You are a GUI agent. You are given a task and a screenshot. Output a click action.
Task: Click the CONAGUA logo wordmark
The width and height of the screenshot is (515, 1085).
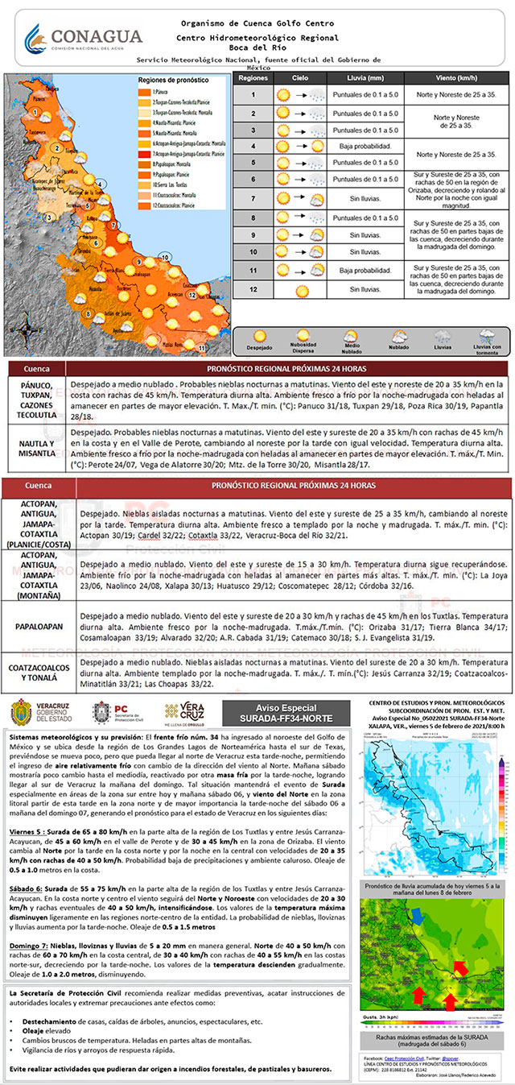97,36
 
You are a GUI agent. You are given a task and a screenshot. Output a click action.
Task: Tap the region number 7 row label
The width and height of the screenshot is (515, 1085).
253,199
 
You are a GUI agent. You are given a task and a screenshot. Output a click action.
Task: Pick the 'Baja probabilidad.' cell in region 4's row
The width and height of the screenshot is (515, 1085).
365,147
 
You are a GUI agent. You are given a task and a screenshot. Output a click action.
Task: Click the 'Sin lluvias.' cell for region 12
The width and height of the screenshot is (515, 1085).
365,288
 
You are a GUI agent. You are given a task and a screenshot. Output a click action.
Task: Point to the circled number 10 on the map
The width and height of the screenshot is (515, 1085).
165,257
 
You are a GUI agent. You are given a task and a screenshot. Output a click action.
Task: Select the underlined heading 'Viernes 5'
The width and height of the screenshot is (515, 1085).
25,830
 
